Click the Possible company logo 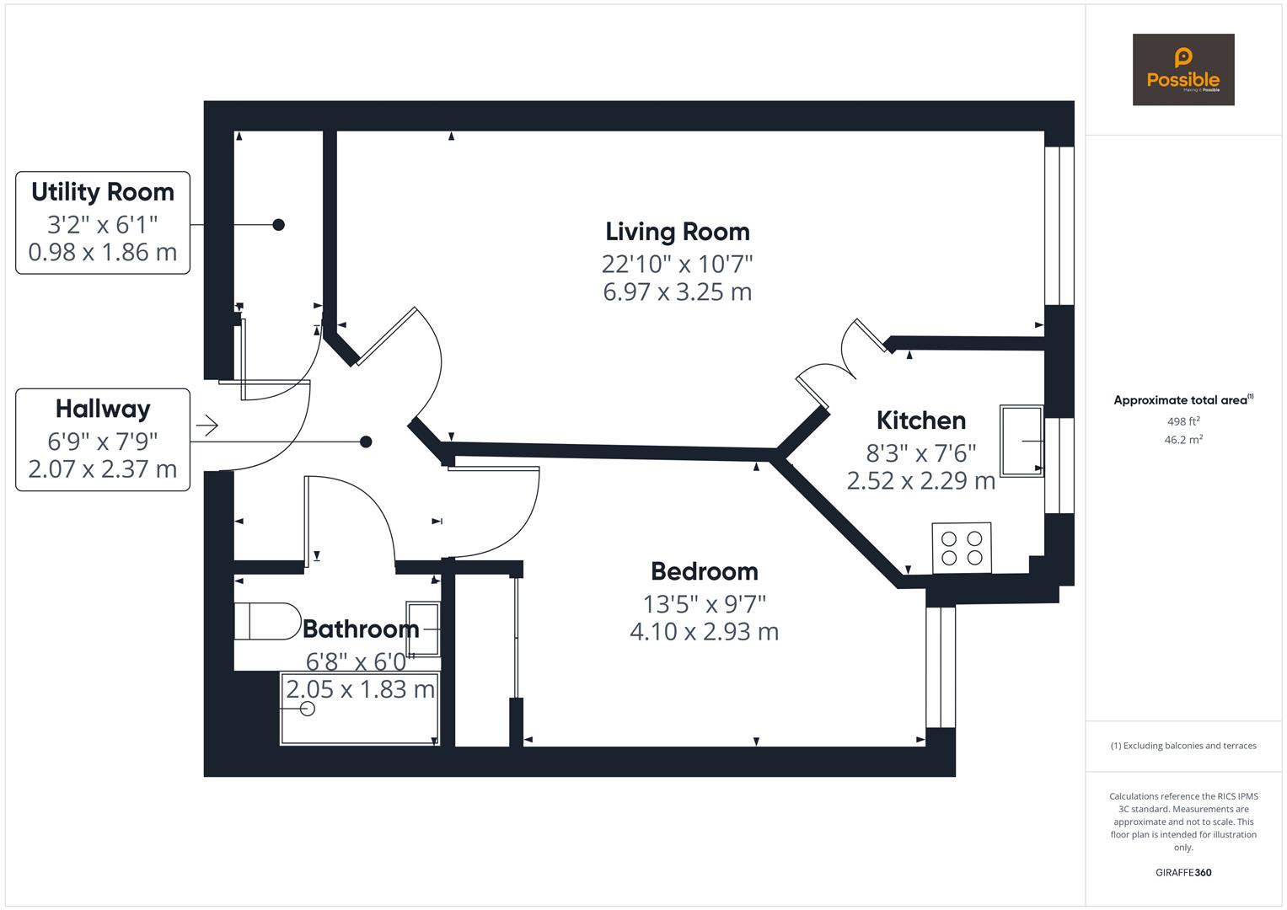click(1182, 69)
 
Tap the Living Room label click(677, 232)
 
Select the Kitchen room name click(920, 420)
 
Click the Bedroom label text click(704, 571)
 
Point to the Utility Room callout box click(103, 222)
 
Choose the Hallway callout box click(103, 439)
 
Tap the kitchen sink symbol click(1022, 441)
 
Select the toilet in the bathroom click(266, 622)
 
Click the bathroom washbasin click(422, 629)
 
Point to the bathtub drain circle click(308, 709)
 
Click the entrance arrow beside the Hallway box click(206, 425)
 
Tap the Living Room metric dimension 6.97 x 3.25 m click(677, 292)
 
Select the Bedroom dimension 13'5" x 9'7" click(704, 604)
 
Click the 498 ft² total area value click(1182, 421)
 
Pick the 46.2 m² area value click(1182, 440)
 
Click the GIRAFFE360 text click(1182, 872)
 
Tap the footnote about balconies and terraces click(1182, 746)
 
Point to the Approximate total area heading click(1182, 400)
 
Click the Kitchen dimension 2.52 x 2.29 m click(920, 481)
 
